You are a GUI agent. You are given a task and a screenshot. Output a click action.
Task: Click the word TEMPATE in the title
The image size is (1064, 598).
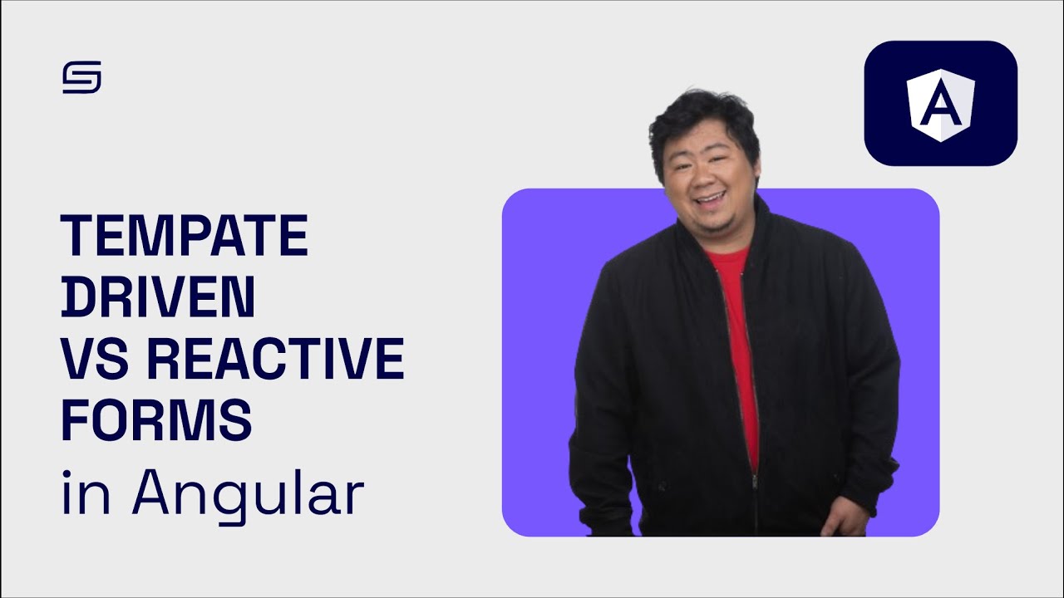(185, 236)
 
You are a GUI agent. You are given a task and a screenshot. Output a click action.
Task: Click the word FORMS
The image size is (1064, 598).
(156, 420)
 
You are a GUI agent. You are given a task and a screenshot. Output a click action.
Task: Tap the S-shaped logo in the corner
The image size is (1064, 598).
(81, 77)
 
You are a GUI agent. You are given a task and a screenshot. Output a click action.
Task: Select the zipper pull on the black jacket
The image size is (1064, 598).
(755, 480)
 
